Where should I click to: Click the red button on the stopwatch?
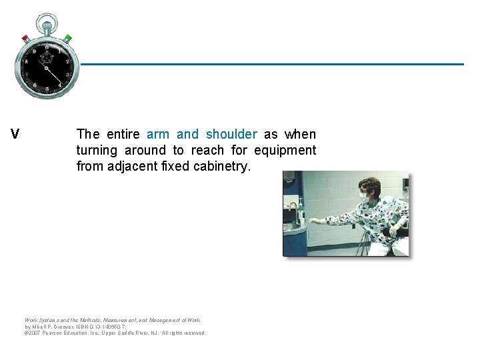[x=25, y=38]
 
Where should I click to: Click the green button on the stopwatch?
[x=68, y=38]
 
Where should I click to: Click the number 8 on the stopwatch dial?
[x=27, y=61]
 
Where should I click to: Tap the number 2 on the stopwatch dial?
[x=67, y=61]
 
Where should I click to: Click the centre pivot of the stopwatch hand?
[x=47, y=67]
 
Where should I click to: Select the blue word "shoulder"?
[x=231, y=135]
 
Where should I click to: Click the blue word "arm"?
[x=158, y=135]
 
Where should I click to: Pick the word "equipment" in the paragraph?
[x=285, y=151]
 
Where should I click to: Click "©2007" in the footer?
[x=33, y=333]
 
